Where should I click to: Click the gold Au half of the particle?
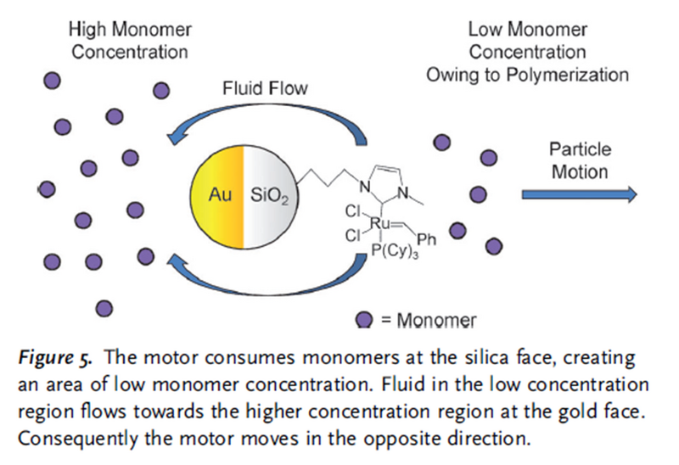217,198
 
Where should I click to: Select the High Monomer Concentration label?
129,41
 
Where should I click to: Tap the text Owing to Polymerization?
527,74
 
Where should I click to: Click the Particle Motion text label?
580,160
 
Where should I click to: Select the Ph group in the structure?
427,239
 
